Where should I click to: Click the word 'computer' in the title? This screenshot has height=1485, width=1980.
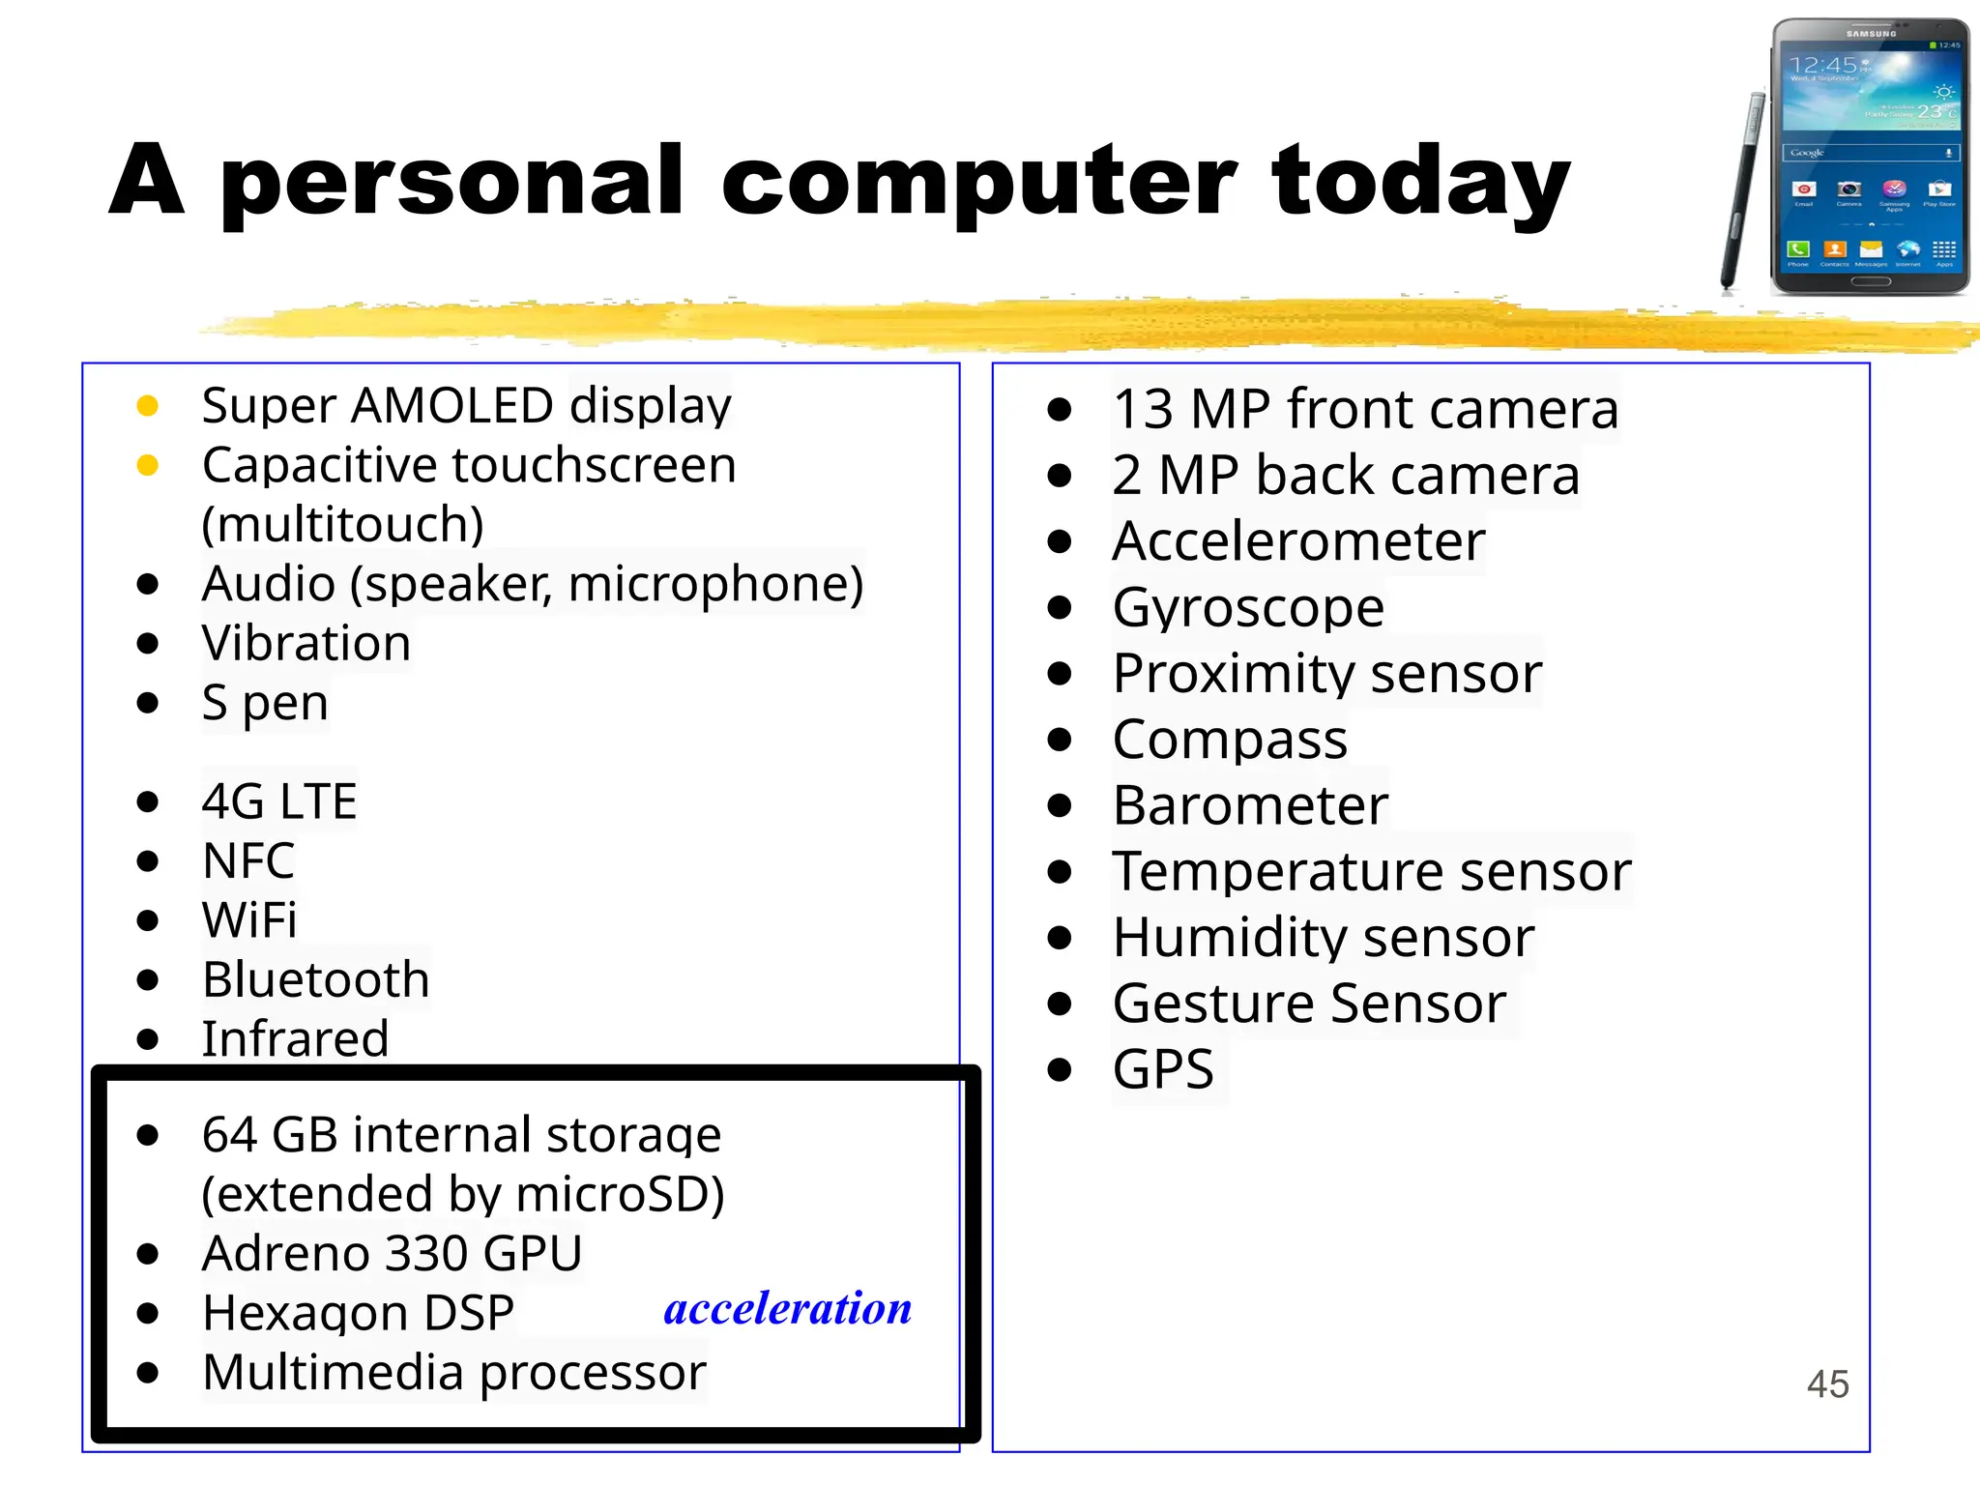tap(978, 182)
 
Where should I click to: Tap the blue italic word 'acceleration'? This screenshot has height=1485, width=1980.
tap(787, 1308)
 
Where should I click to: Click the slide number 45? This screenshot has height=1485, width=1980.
tap(1827, 1383)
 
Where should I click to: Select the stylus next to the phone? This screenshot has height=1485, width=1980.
tap(1742, 189)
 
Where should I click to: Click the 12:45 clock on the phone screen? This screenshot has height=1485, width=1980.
tap(1821, 66)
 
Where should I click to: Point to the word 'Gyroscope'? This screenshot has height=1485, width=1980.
tap(1248, 607)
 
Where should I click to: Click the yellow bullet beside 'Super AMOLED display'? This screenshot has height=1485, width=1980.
tap(148, 406)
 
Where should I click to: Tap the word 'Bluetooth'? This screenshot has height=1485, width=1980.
tap(316, 979)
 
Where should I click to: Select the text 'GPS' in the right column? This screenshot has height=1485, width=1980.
tap(1163, 1069)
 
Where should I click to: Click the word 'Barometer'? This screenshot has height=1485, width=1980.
tap(1250, 805)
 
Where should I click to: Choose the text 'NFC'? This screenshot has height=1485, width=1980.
tap(248, 860)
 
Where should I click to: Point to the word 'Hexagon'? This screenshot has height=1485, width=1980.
tap(306, 1313)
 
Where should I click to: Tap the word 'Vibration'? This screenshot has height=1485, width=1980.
tap(306, 643)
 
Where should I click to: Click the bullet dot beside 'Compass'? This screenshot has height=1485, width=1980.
tap(1060, 740)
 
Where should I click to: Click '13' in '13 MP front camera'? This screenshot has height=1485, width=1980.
tap(1142, 409)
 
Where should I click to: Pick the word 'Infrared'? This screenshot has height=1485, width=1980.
tap(295, 1038)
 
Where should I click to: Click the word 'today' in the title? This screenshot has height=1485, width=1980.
tap(1420, 182)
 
